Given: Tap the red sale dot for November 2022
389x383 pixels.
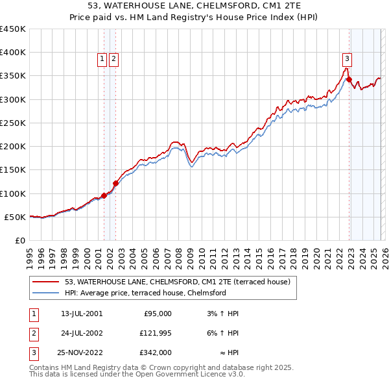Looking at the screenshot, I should pos(349,80).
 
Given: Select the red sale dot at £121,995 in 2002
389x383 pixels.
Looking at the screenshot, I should pos(115,183).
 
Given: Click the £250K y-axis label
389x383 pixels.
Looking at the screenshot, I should pos(13,123).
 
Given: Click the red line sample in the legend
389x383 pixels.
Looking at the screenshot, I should pos(46,281).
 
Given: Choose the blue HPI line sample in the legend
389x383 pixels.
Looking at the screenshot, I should pos(46,293).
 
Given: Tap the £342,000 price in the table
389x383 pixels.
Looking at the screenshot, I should pos(156,353).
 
